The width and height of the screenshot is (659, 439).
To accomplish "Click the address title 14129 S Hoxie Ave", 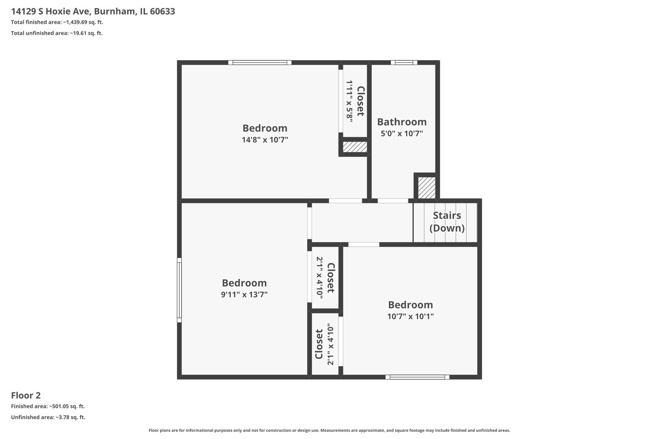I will coord(93,11).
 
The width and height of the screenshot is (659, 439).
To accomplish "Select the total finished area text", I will coord(57,22).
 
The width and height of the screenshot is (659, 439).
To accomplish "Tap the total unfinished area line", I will coord(57,33).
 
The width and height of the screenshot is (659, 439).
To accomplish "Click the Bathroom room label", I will coord(402,122).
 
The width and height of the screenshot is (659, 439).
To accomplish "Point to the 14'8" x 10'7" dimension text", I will coord(265,140).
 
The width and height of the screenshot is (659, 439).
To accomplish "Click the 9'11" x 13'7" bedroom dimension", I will coord(244,295).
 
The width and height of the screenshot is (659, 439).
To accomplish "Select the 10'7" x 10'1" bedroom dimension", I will coord(410,317).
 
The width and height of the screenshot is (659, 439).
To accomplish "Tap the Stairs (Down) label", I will coord(447,222).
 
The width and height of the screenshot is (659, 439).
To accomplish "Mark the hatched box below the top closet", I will coord(355,147).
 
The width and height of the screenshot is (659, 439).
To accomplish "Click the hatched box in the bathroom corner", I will coord(427,188).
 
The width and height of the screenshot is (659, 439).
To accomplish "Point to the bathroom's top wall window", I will coord(404,63).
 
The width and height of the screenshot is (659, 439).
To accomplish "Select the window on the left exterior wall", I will coord(179,290).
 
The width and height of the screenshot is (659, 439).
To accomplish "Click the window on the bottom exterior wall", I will coord(417,377).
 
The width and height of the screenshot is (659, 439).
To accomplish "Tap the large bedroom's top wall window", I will coord(260,63).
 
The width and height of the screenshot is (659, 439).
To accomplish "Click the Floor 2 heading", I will coord(26,396).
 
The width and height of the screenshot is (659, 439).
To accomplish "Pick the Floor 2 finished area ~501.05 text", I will coord(48,406).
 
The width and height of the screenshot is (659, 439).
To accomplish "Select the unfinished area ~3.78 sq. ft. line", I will coord(48,417).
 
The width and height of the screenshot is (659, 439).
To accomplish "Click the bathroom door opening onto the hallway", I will coord(393,201).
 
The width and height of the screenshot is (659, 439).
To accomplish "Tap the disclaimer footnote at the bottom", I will coord(329,430).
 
